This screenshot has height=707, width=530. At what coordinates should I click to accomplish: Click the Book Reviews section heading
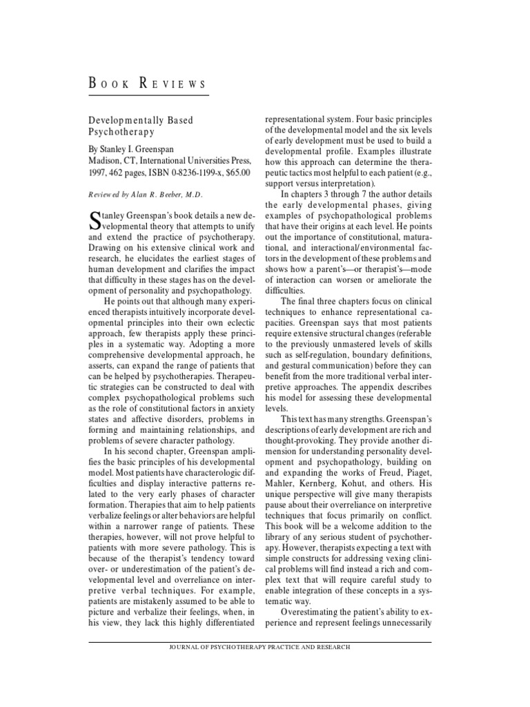pos(148,85)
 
